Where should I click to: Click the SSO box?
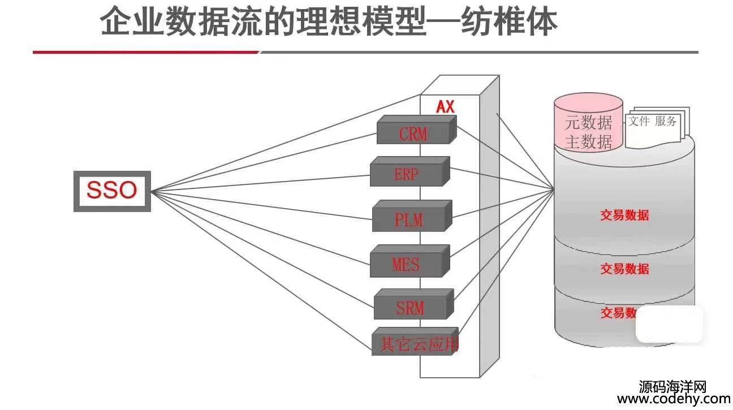pos(112,191)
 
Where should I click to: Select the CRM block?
pos(414,133)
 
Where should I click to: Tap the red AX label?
pos(445,106)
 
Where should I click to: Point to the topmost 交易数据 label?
pos(624,215)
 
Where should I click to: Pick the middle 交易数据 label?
pos(624,269)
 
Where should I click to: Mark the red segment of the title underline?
pos(145,52)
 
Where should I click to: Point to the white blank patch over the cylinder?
pos(670,325)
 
